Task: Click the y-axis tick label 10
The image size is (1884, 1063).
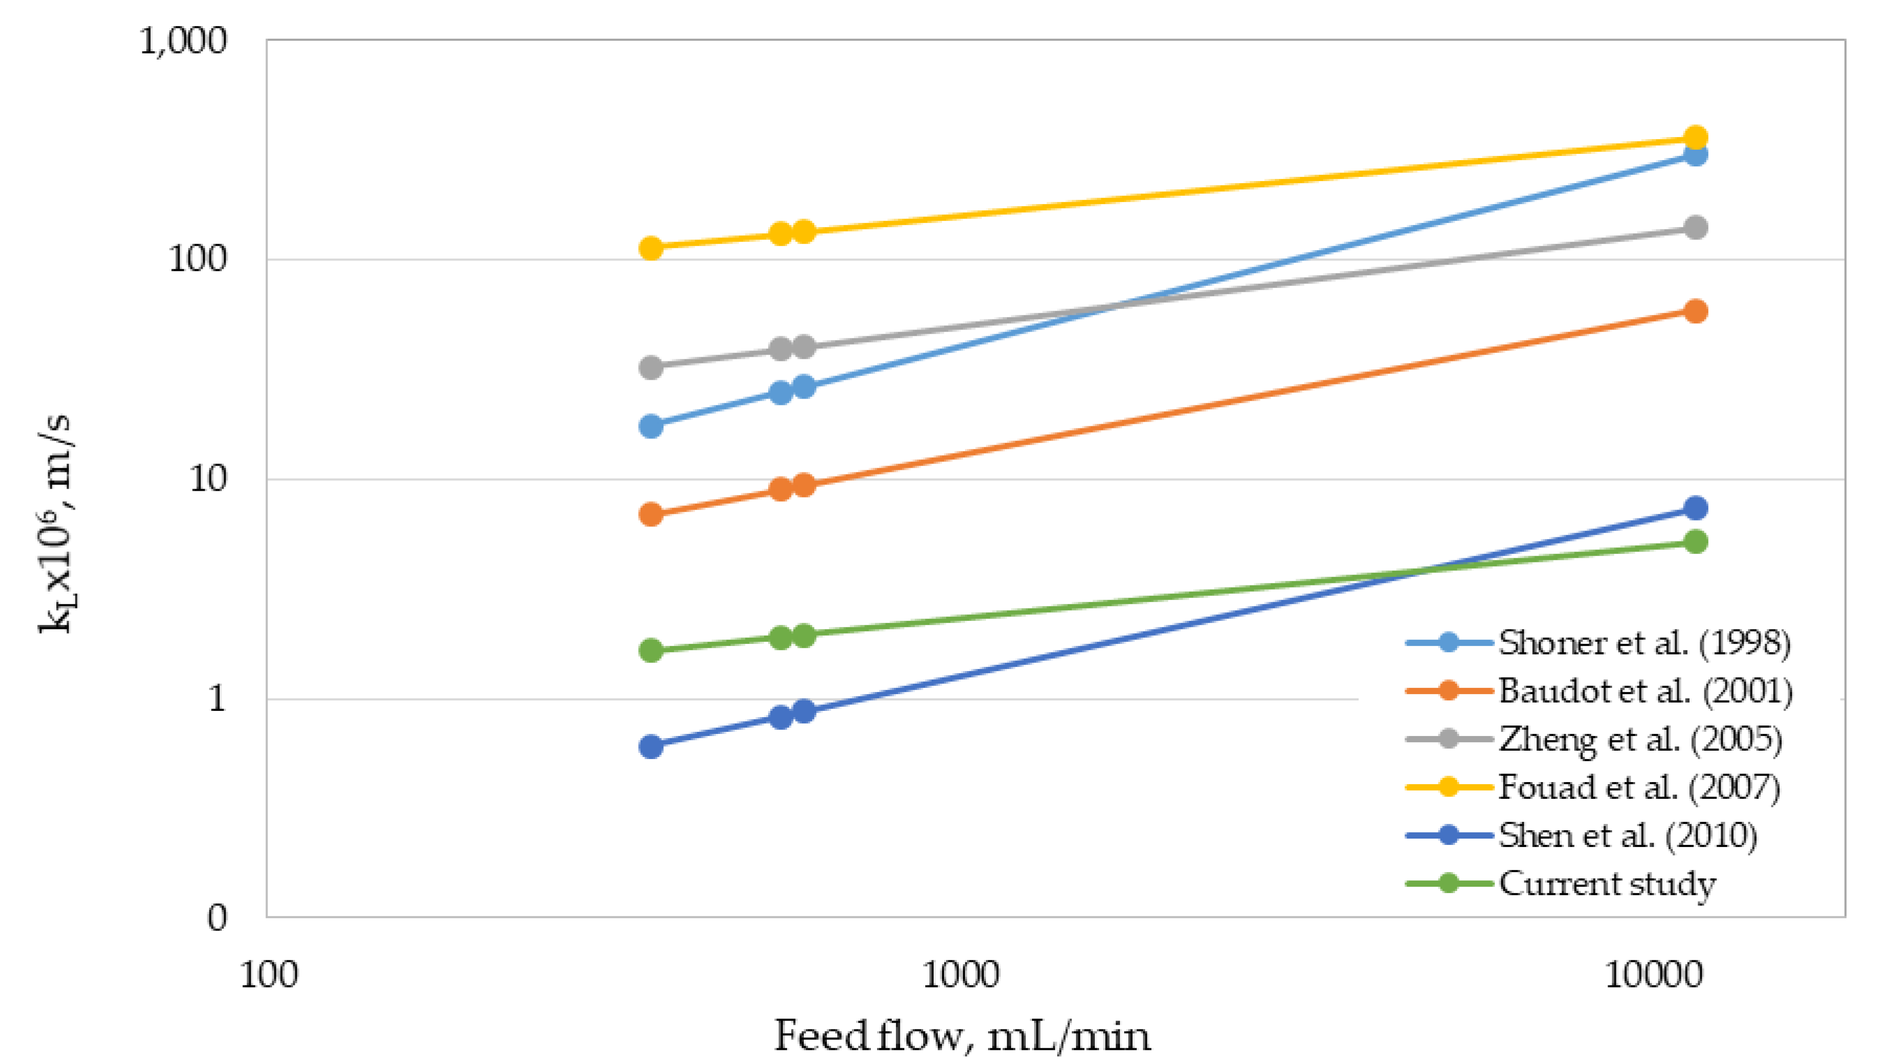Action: pyautogui.click(x=208, y=480)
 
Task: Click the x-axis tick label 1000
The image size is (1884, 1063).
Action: pyautogui.click(x=960, y=975)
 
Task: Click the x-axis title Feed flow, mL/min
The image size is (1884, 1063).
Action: pyautogui.click(x=962, y=1036)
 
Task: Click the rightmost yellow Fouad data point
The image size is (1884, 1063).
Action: pyautogui.click(x=1695, y=138)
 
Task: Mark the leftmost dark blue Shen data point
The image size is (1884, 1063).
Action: pyautogui.click(x=651, y=747)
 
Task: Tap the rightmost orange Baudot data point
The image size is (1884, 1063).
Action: pyautogui.click(x=1695, y=311)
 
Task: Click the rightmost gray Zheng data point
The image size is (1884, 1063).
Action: pyautogui.click(x=1695, y=228)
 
